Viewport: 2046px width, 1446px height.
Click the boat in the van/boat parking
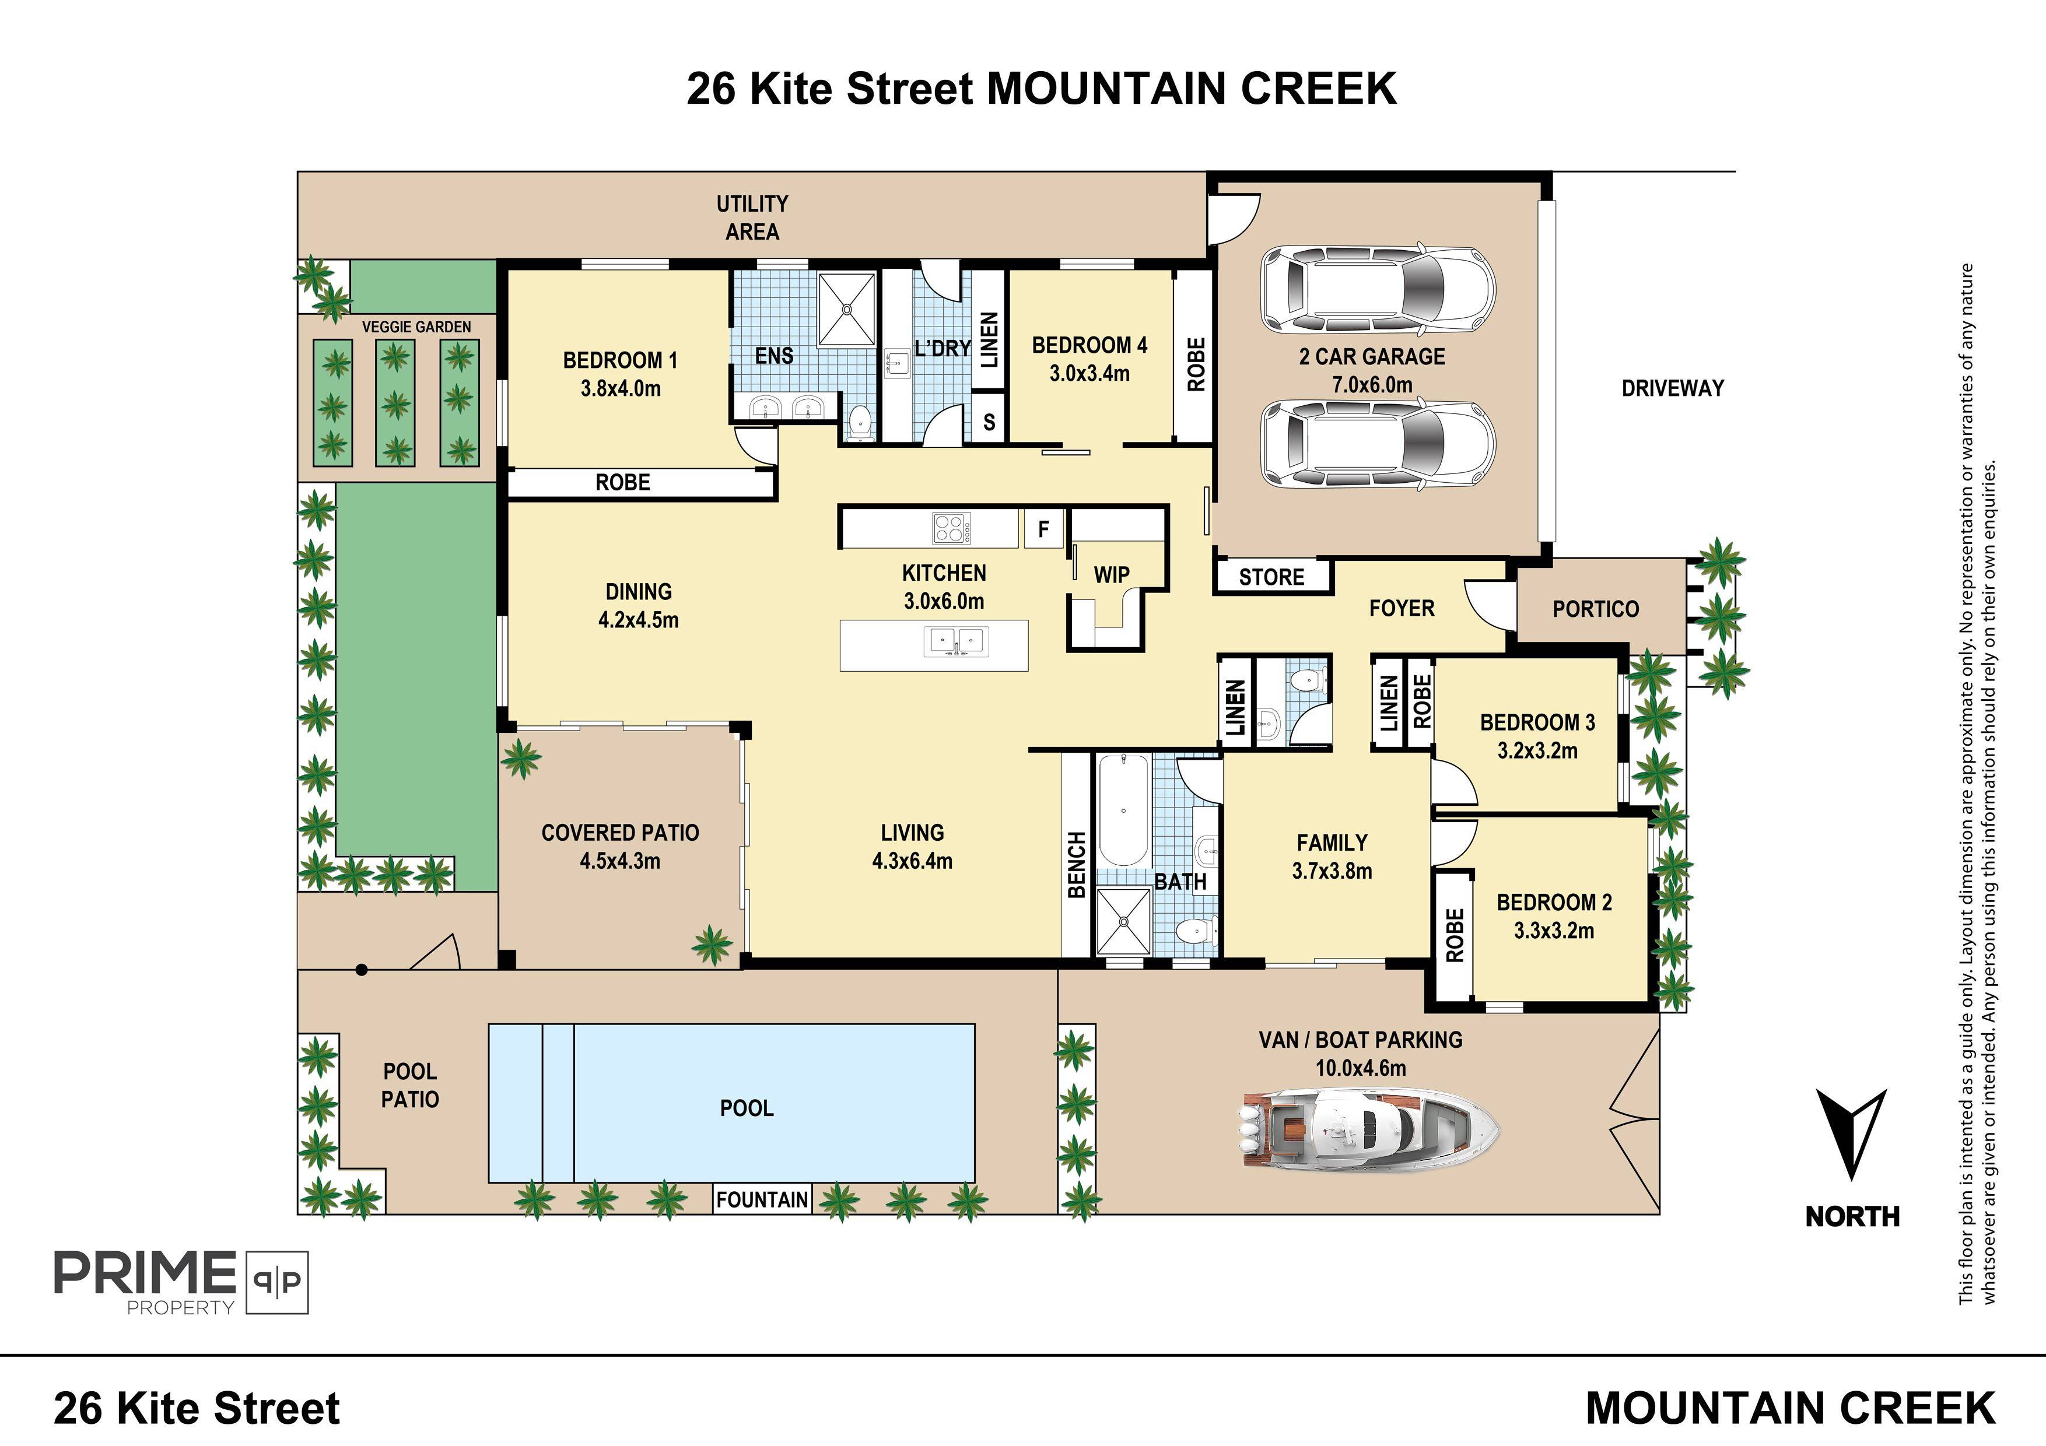pyautogui.click(x=1369, y=1130)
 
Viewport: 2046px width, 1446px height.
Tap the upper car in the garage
pyautogui.click(x=1378, y=290)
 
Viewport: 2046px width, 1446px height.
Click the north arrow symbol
pyautogui.click(x=1852, y=1133)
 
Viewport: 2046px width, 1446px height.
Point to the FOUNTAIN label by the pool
pyautogui.click(x=762, y=1199)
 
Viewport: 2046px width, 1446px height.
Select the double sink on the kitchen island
pyautogui.click(x=956, y=641)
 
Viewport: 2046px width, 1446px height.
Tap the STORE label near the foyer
pyautogui.click(x=1271, y=577)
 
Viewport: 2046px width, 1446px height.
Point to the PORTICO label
pyautogui.click(x=1595, y=609)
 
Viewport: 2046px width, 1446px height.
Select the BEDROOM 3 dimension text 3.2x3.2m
pyautogui.click(x=1537, y=750)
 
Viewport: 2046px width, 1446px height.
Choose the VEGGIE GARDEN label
pyautogui.click(x=416, y=327)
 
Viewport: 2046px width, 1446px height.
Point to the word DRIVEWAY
pyautogui.click(x=1673, y=388)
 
